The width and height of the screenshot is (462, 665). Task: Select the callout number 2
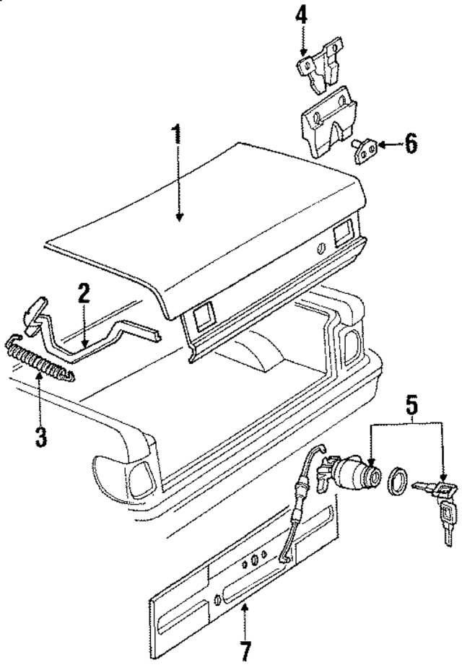click(x=84, y=294)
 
